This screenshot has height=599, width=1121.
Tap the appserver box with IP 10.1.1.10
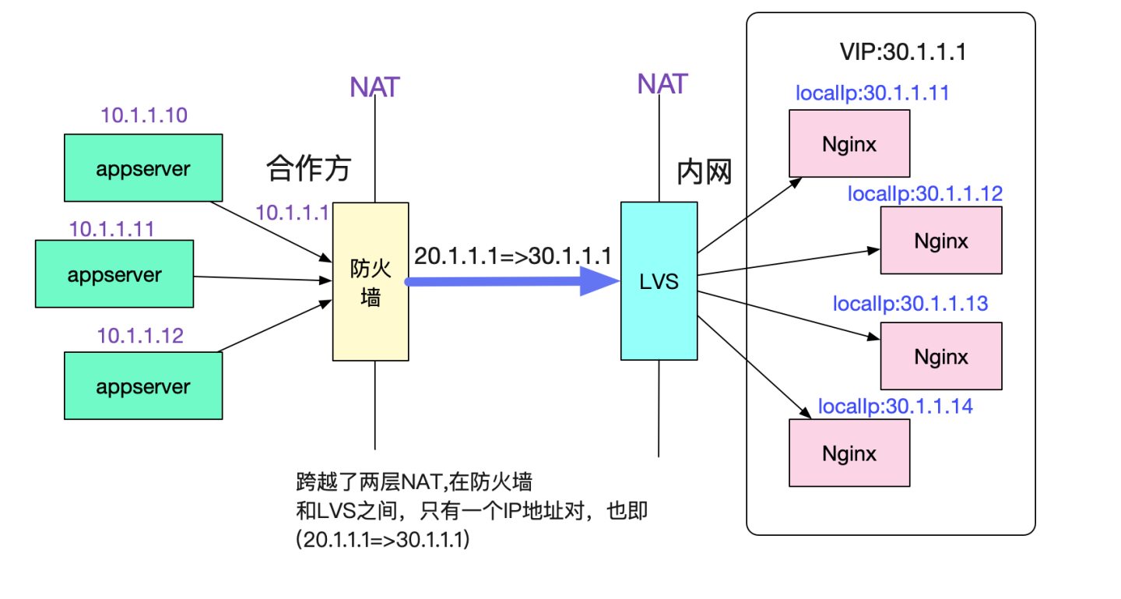143,168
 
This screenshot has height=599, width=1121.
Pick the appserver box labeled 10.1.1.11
114,274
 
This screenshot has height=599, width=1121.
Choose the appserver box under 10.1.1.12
143,386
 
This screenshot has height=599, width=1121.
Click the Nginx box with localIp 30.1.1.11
849,143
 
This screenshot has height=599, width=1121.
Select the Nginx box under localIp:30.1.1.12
940,240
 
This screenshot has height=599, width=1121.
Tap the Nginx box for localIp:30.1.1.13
940,355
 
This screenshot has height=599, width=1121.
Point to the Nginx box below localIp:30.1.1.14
849,453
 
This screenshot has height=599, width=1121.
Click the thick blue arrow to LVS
506,281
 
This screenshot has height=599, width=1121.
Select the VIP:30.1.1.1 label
903,53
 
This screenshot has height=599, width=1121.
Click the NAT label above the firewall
374,87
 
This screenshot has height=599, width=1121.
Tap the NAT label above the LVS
662,83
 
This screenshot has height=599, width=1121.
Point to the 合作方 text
308,167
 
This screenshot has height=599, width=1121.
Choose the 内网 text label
705,172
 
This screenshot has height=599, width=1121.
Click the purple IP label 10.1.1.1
293,213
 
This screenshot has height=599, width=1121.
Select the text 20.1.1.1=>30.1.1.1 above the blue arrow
512,256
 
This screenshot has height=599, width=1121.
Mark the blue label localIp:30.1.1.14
895,406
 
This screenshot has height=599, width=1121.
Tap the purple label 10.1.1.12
140,336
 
